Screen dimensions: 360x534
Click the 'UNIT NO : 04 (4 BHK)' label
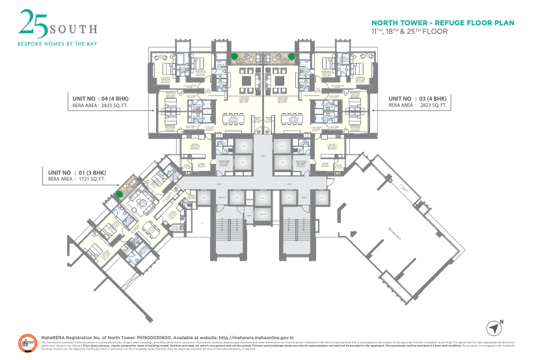coord(101,97)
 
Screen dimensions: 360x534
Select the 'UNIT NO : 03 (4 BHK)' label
coord(418,97)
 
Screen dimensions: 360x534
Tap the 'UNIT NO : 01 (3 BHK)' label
coord(77,173)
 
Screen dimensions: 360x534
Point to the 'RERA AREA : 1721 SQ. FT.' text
coord(77,180)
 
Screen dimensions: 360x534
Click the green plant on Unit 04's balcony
coord(234,56)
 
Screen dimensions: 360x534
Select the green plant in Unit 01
coord(120,193)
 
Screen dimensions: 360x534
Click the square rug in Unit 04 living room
coord(247,81)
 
